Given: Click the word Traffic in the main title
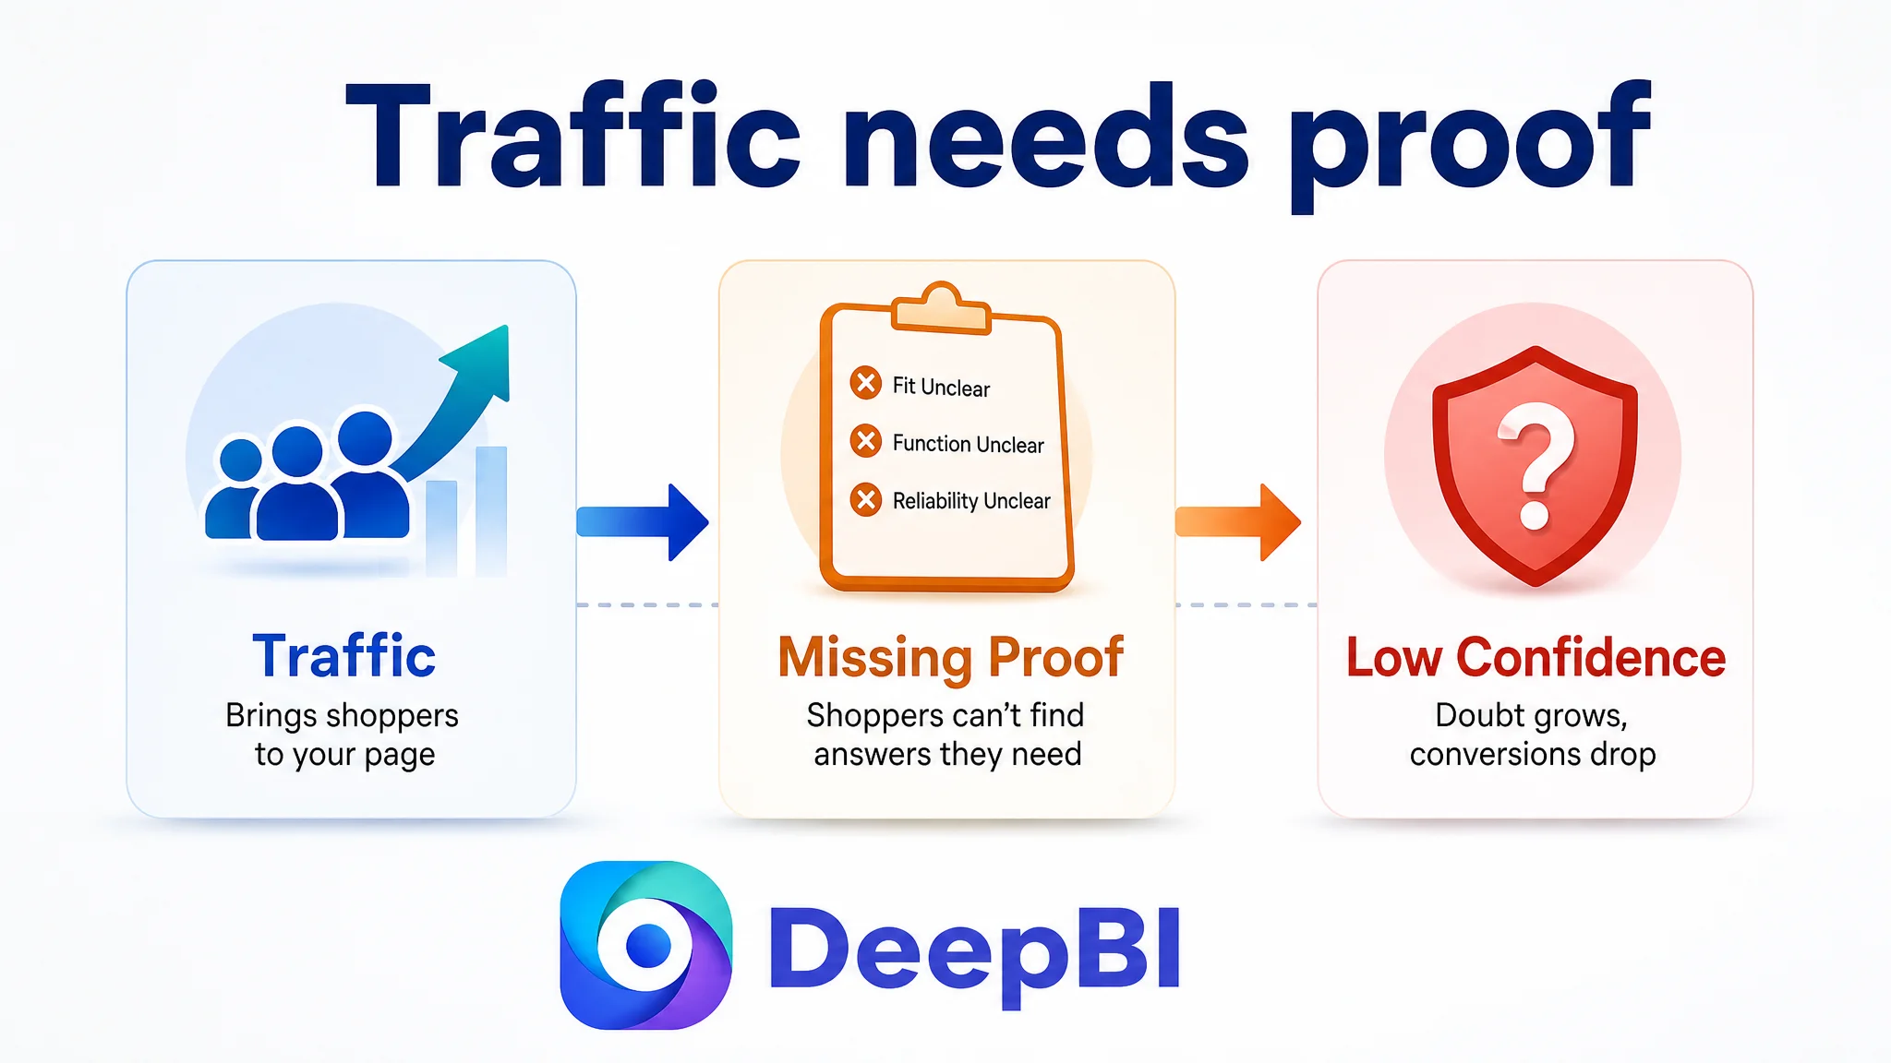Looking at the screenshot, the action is [572, 137].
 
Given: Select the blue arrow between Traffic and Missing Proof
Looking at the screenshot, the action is [643, 522].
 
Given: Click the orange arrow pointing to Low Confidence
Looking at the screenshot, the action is [1238, 522].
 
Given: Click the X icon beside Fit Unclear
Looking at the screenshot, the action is [866, 382].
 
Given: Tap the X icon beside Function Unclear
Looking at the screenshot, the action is [866, 441].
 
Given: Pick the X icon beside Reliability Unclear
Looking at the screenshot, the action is [866, 500].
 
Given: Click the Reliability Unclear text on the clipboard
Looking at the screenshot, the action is [971, 501].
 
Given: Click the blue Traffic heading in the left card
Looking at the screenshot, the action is [343, 656].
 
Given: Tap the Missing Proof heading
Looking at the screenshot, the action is [951, 659].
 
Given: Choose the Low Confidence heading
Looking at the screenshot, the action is [1536, 657].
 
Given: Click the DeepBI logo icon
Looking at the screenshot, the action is [646, 945].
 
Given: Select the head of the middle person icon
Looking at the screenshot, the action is [296, 453].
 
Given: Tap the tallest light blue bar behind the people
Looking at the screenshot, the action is [491, 511].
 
